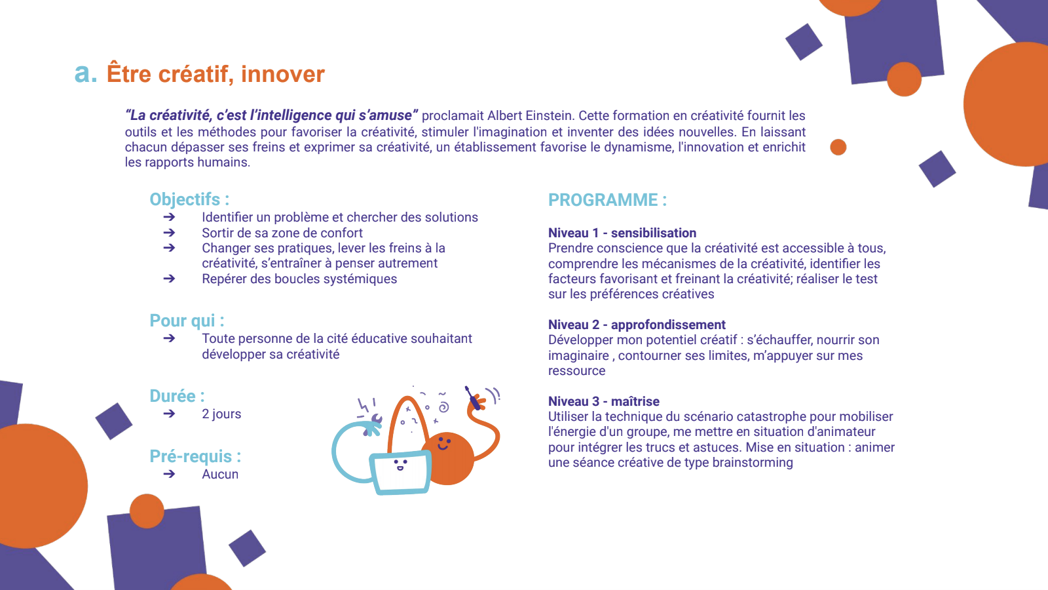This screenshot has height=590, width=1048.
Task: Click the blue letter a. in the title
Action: [x=86, y=73]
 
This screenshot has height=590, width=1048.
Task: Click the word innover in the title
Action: [x=282, y=74]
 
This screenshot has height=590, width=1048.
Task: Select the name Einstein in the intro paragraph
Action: [x=550, y=115]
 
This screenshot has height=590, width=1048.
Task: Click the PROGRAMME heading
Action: [x=607, y=200]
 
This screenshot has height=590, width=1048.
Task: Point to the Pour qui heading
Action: [x=187, y=321]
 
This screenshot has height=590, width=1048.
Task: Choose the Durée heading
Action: [x=177, y=396]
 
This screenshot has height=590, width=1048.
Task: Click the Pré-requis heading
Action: [x=195, y=456]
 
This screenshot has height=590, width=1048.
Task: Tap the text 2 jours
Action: [x=221, y=414]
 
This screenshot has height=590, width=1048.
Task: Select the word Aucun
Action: [x=220, y=475]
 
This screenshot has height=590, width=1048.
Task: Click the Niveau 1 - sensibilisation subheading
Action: [x=622, y=233]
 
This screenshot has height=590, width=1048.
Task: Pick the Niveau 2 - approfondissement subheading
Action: [x=637, y=324]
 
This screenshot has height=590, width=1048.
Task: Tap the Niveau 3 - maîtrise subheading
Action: [x=603, y=401]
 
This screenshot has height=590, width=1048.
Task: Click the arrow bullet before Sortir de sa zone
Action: [x=170, y=233]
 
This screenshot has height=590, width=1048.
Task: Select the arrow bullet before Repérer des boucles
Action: [x=170, y=279]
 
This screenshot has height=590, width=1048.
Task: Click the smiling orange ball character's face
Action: [x=443, y=443]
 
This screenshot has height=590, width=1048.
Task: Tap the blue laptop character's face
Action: [x=400, y=465]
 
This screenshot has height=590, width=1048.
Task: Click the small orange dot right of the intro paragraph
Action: [x=838, y=147]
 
